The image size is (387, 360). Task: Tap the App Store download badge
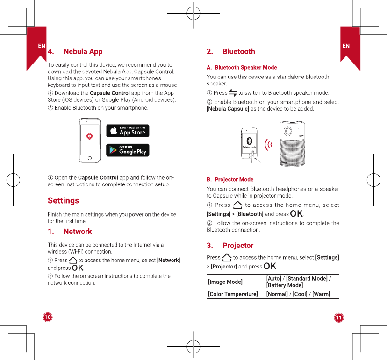[x=128, y=131]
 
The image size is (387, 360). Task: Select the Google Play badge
[x=128, y=150]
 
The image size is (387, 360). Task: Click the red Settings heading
[x=64, y=200]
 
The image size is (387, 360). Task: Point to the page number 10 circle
[x=47, y=318]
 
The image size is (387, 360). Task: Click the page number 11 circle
[x=339, y=318]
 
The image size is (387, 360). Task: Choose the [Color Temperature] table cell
[x=233, y=294]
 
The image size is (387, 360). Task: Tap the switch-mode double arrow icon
[x=233, y=93]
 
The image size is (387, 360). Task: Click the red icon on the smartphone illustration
[x=90, y=136]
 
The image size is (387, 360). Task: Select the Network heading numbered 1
[x=78, y=232]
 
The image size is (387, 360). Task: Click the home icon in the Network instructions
[x=73, y=260]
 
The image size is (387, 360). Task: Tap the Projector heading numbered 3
[x=238, y=246]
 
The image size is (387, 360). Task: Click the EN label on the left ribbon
[x=42, y=46]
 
